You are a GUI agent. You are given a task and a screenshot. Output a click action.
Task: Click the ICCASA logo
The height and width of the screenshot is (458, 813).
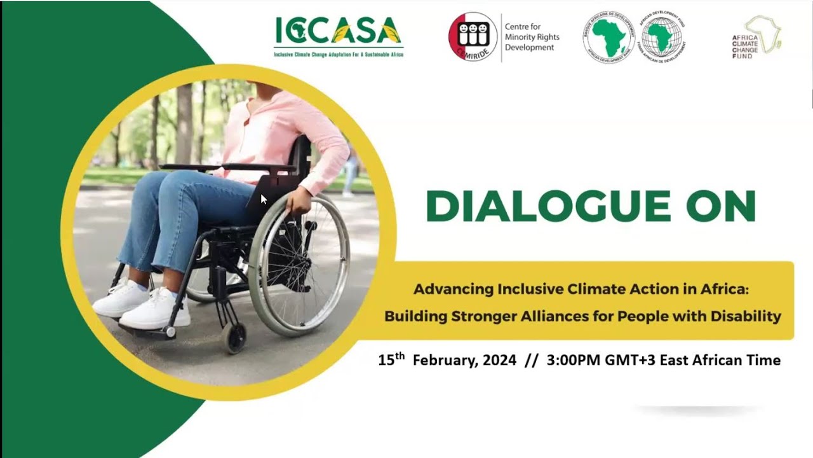pyautogui.click(x=338, y=32)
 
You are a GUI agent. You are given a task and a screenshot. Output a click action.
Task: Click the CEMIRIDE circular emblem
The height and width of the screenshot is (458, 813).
pyautogui.click(x=473, y=37)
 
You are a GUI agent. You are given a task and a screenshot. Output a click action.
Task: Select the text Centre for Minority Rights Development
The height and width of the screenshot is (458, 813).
pyautogui.click(x=532, y=37)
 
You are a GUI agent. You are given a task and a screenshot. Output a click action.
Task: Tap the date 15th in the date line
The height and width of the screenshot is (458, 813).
pyautogui.click(x=391, y=360)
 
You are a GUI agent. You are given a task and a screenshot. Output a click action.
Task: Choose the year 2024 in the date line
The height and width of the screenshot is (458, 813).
pyautogui.click(x=499, y=361)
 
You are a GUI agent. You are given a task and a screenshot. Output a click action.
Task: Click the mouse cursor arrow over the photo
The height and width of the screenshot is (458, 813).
pyautogui.click(x=264, y=198)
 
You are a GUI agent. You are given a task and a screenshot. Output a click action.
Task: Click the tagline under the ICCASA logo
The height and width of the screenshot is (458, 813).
pyautogui.click(x=339, y=55)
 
